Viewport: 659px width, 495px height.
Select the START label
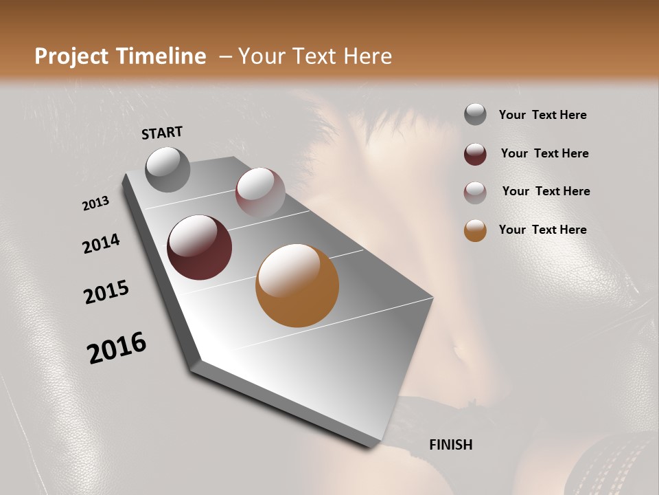[x=162, y=133]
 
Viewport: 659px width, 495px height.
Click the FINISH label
[x=451, y=445]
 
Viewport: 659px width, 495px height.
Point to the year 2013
[x=95, y=203]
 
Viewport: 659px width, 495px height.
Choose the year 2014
[x=101, y=243]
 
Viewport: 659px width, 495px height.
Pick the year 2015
[x=106, y=293]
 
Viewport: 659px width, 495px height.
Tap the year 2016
[x=117, y=348]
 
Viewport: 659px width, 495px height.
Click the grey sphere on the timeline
[x=167, y=170]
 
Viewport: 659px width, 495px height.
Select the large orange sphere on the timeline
[x=297, y=285]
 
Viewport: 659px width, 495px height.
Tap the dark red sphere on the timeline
[x=200, y=247]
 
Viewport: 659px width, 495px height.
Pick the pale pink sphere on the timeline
[x=260, y=192]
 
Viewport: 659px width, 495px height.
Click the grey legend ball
[x=475, y=115]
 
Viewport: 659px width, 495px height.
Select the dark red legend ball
[x=475, y=154]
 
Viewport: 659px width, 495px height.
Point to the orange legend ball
[x=475, y=230]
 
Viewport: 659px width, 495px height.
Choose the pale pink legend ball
[x=475, y=192]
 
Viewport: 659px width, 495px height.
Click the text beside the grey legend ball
[x=542, y=115]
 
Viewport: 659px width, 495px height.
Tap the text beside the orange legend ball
[x=542, y=230]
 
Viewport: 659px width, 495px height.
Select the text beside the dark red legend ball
[x=544, y=153]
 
